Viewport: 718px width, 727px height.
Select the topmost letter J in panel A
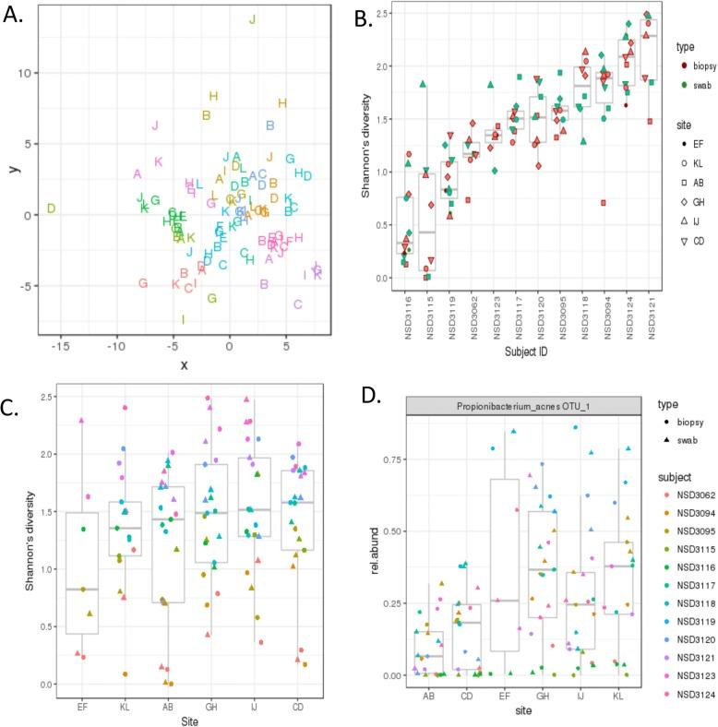[253, 20]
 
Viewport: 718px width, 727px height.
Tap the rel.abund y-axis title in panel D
[381, 560]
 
